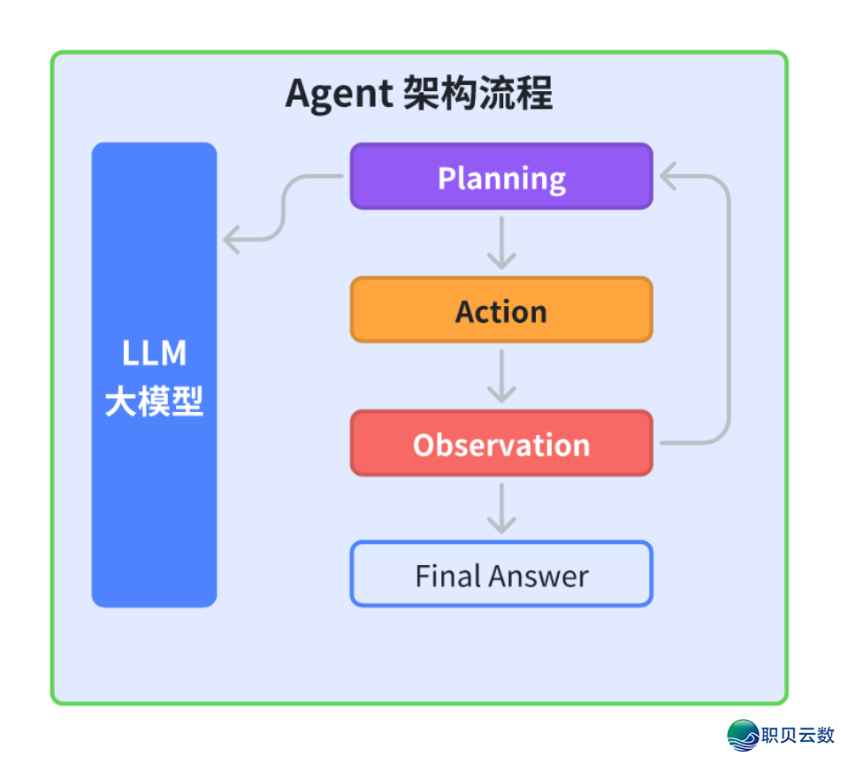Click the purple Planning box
pyautogui.click(x=501, y=176)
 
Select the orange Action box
pyautogui.click(x=501, y=310)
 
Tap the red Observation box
pyautogui.click(x=501, y=443)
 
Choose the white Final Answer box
pyautogui.click(x=501, y=575)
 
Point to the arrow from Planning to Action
pyautogui.click(x=501, y=243)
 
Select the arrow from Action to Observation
pyautogui.click(x=501, y=377)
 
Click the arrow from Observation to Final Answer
pyautogui.click(x=501, y=508)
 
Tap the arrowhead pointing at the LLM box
pyautogui.click(x=232, y=239)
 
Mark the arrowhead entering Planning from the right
pyautogui.click(x=668, y=176)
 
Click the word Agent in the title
pyautogui.click(x=339, y=94)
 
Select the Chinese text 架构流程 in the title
pyautogui.click(x=477, y=94)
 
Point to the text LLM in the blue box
pyautogui.click(x=154, y=353)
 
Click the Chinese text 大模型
pyautogui.click(x=154, y=402)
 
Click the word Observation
pyautogui.click(x=501, y=444)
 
